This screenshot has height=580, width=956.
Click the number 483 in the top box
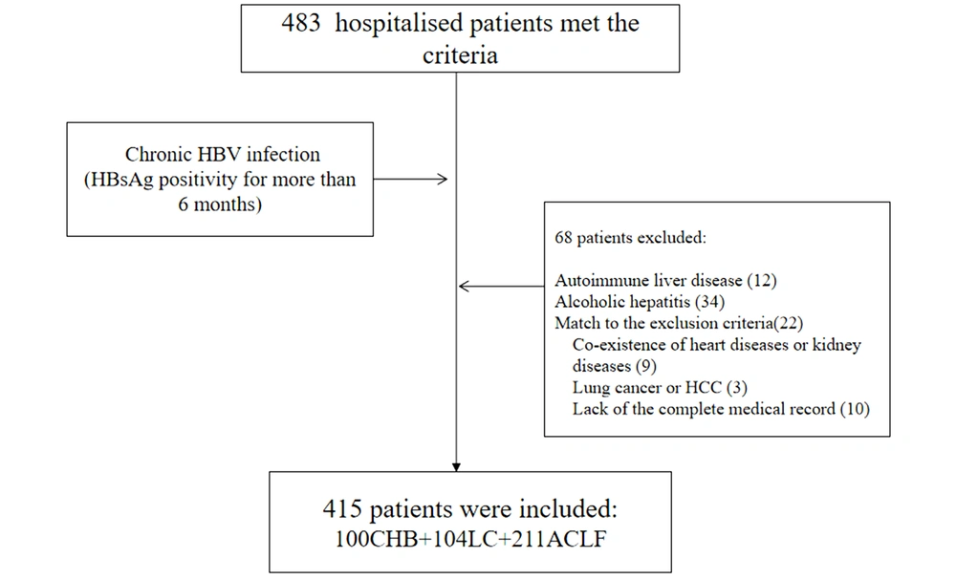(300, 23)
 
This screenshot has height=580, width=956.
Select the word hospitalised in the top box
(400, 25)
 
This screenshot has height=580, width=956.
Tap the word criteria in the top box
(461, 55)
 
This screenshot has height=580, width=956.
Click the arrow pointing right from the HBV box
(410, 179)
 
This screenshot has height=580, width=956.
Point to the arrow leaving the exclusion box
(501, 286)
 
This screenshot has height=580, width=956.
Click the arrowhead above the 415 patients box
(456, 466)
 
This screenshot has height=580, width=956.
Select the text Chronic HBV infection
(223, 154)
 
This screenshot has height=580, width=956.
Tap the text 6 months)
(220, 204)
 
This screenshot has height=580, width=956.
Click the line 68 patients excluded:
(630, 238)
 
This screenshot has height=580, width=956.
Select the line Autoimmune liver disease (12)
(665, 281)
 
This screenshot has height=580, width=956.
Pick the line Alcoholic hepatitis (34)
(640, 302)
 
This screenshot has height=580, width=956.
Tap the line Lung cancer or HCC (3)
(660, 388)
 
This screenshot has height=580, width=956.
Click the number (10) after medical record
(855, 409)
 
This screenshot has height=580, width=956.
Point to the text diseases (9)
(615, 366)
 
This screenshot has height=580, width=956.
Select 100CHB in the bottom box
(376, 539)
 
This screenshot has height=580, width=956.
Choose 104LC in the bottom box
(466, 539)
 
